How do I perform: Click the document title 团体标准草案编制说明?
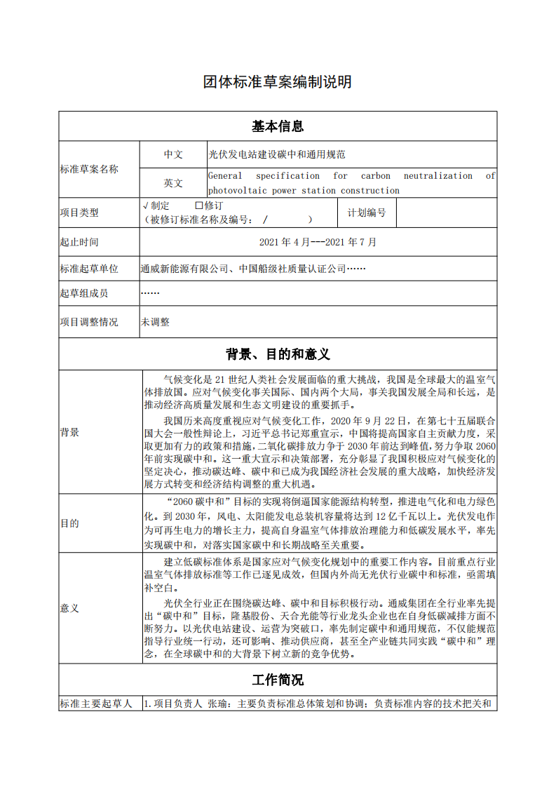[x=278, y=82]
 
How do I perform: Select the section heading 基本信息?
[x=278, y=126]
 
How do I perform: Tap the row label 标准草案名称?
[x=89, y=169]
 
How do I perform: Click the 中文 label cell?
[x=173, y=154]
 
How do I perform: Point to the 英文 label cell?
[x=173, y=183]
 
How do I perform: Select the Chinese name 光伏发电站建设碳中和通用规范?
[x=276, y=154]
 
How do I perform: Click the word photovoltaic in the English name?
[x=236, y=191]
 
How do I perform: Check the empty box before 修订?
[x=198, y=206]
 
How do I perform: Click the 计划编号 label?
[x=367, y=213]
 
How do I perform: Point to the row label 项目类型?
[x=79, y=213]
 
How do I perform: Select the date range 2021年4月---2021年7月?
[x=318, y=242]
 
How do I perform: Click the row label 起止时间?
[x=79, y=242]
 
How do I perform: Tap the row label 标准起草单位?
[x=89, y=269]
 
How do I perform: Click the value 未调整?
[x=155, y=322]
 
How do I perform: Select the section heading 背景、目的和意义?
[x=278, y=354]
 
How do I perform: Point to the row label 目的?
[x=69, y=523]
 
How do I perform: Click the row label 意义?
[x=69, y=607]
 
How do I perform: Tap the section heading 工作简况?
[x=278, y=680]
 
